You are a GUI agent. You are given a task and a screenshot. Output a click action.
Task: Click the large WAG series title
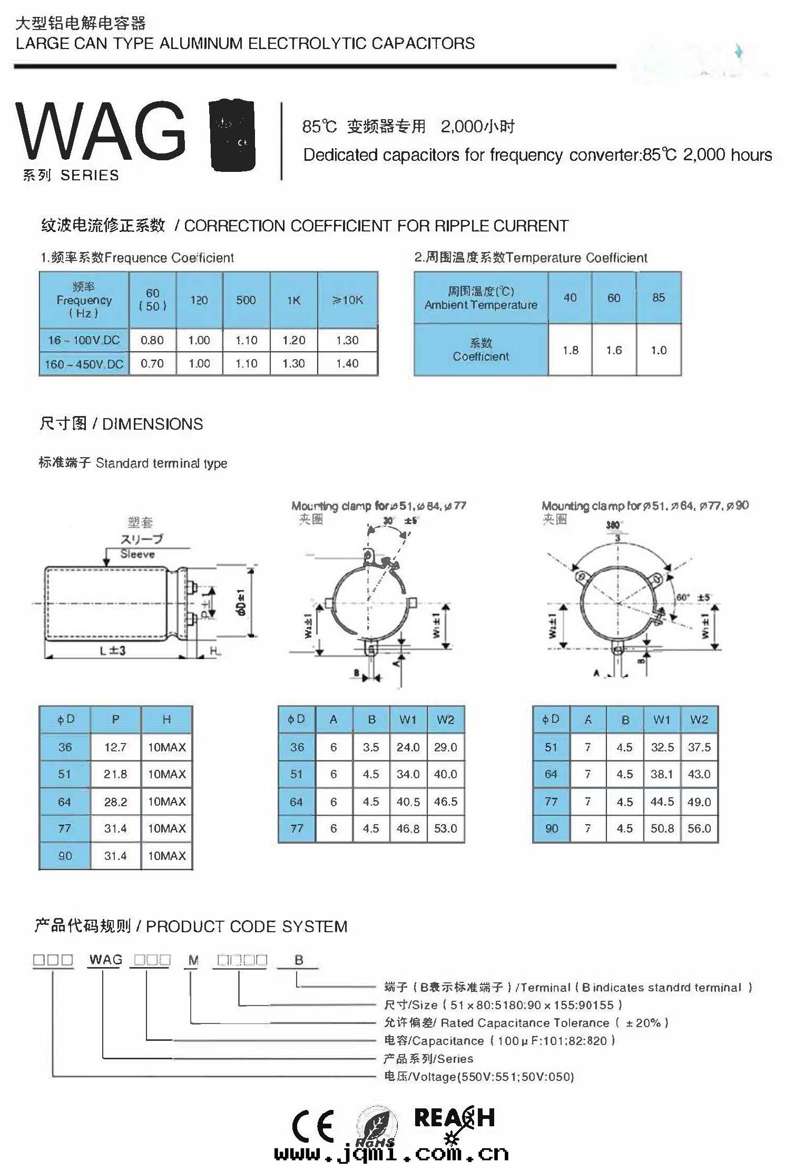pyautogui.click(x=100, y=132)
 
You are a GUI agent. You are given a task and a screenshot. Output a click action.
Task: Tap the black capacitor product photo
pyautogui.click(x=232, y=135)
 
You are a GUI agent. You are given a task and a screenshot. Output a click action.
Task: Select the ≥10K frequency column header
pyautogui.click(x=348, y=300)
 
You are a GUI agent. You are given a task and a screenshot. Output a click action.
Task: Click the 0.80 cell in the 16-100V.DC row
pyautogui.click(x=152, y=340)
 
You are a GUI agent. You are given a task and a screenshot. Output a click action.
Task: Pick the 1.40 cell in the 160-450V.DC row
pyautogui.click(x=348, y=363)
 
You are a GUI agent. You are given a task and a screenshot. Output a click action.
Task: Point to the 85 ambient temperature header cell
pyautogui.click(x=659, y=297)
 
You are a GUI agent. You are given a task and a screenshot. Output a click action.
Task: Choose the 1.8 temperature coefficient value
pyautogui.click(x=571, y=350)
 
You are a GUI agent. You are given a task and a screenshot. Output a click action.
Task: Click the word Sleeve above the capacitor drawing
pyautogui.click(x=138, y=554)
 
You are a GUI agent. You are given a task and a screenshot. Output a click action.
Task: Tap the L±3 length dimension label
pyautogui.click(x=112, y=651)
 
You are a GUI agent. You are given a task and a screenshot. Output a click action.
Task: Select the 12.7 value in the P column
pyautogui.click(x=115, y=747)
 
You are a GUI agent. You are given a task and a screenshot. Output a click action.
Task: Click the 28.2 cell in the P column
pyautogui.click(x=115, y=802)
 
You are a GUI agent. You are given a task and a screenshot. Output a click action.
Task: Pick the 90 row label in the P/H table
pyautogui.click(x=65, y=856)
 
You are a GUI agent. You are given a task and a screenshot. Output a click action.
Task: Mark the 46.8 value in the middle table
pyautogui.click(x=408, y=828)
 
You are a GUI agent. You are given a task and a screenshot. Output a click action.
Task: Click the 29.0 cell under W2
pyautogui.click(x=446, y=747)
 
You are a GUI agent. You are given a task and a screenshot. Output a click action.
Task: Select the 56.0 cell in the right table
pyautogui.click(x=699, y=828)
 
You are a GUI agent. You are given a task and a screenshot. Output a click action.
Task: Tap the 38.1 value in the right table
pyautogui.click(x=662, y=774)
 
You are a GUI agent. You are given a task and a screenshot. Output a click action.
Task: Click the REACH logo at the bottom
pyautogui.click(x=454, y=1118)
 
